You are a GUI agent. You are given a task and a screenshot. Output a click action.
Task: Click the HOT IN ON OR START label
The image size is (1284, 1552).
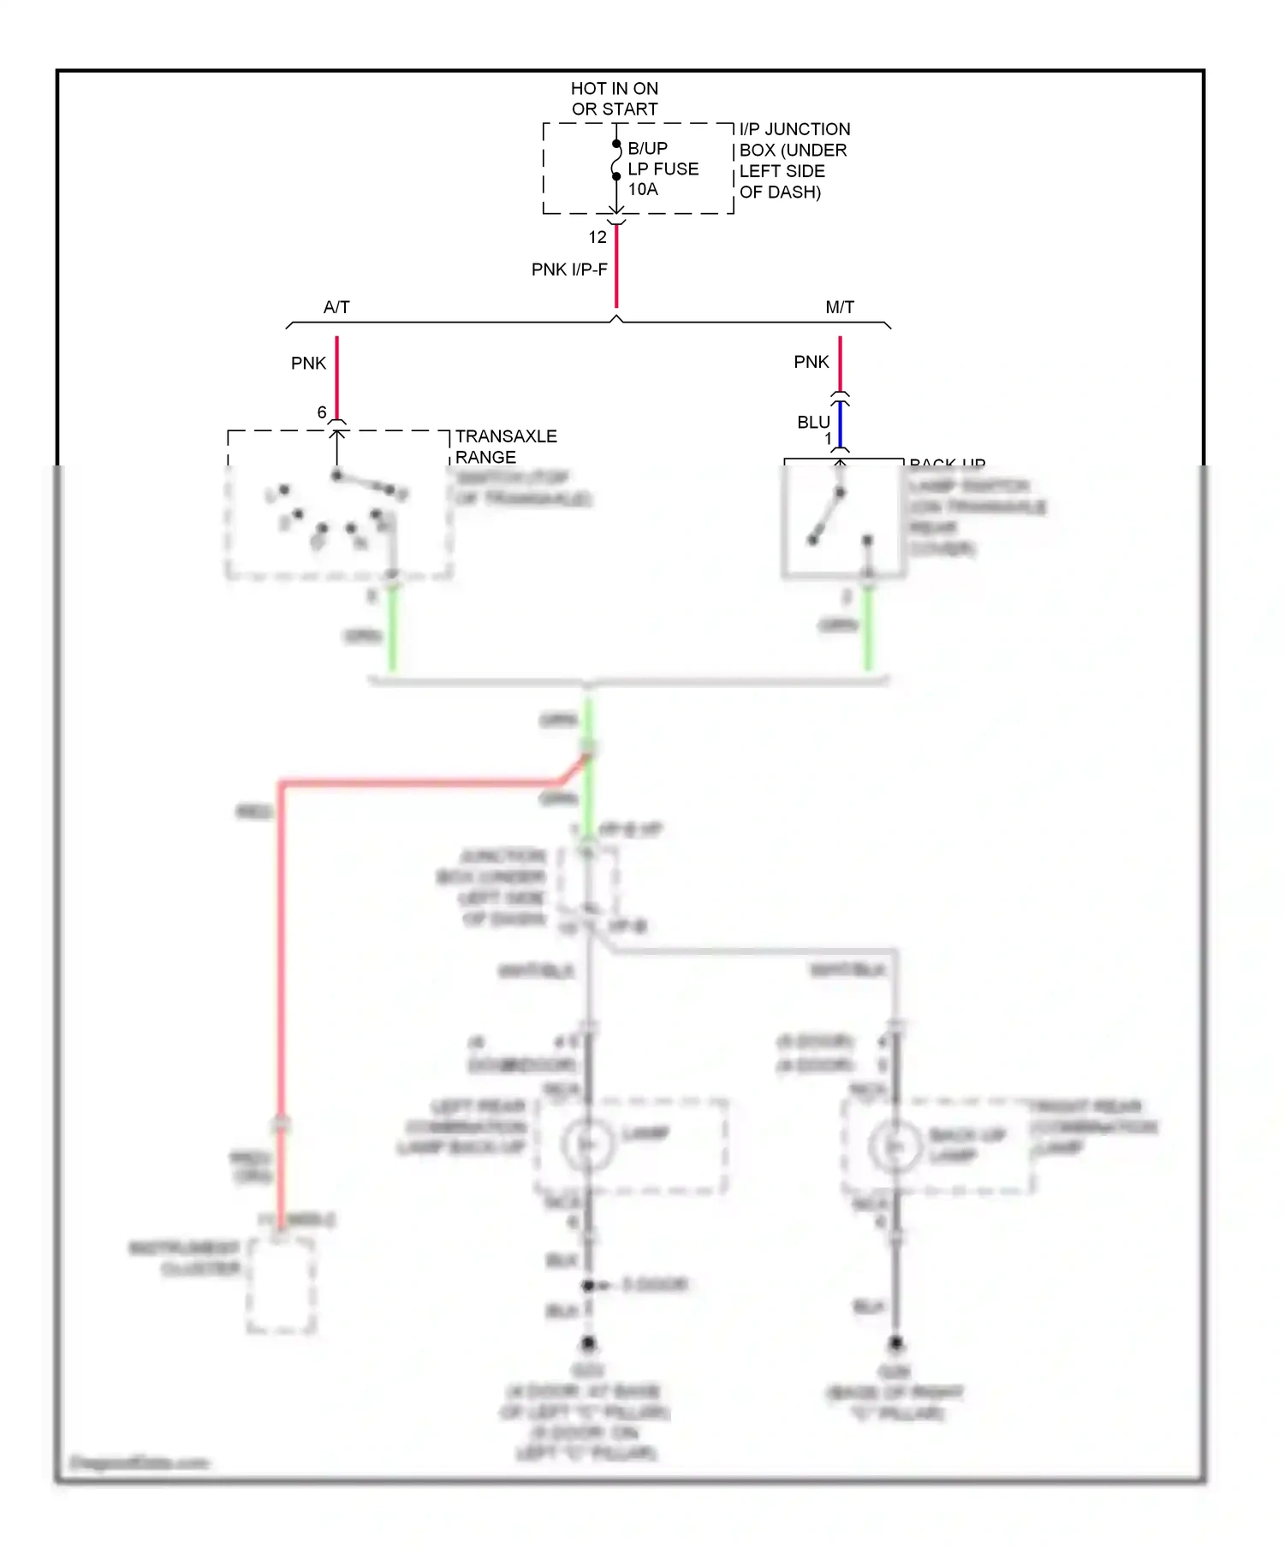[x=615, y=98]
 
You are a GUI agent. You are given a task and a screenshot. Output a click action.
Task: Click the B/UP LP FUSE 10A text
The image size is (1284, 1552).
[x=663, y=169]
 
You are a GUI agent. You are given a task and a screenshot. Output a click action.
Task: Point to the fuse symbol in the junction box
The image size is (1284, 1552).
[x=616, y=160]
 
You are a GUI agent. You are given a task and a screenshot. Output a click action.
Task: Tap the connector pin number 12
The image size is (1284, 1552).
[x=597, y=237]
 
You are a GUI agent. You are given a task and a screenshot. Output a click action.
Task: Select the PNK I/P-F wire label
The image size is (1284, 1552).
[x=569, y=270]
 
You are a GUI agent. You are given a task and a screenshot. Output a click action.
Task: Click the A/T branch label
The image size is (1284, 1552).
[x=336, y=307]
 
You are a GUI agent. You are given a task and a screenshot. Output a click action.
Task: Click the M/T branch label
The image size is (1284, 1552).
[x=840, y=307]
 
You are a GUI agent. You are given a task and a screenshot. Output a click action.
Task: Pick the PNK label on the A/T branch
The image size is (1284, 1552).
[x=308, y=364]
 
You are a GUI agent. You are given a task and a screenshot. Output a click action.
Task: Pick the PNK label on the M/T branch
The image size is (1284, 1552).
[x=811, y=362]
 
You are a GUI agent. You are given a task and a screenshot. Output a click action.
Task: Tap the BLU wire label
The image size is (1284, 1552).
[x=813, y=423]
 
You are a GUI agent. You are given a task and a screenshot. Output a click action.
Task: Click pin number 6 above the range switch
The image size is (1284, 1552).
[x=322, y=412]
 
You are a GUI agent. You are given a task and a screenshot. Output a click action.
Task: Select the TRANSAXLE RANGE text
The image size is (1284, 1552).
[x=505, y=447]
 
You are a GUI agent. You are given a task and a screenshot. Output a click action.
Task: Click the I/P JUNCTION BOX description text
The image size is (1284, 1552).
[x=794, y=161]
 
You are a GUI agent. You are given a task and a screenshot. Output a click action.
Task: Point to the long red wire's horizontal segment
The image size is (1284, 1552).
[x=419, y=782]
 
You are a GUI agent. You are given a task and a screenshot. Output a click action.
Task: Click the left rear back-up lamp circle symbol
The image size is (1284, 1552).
[x=588, y=1144]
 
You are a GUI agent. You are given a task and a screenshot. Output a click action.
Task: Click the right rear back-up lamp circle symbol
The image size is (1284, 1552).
[x=895, y=1146]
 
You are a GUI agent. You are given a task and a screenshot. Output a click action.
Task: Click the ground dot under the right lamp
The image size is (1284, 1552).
[x=895, y=1343]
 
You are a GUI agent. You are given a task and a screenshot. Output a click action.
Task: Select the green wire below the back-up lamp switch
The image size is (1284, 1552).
[x=868, y=629]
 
